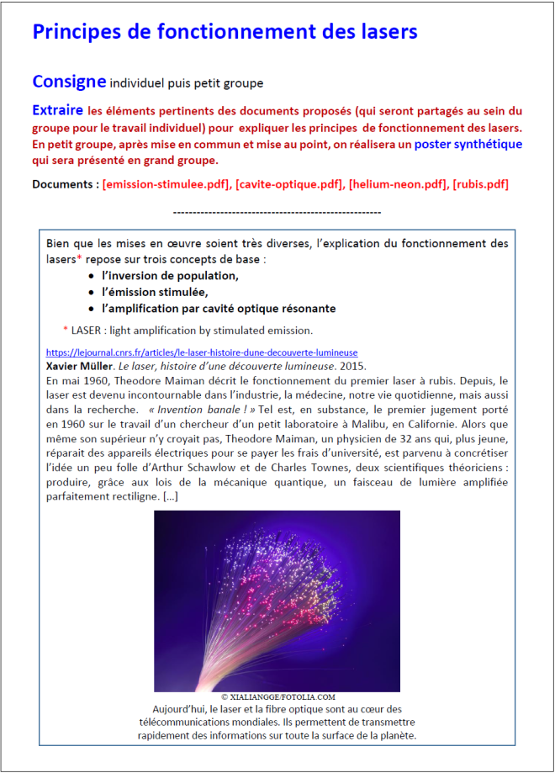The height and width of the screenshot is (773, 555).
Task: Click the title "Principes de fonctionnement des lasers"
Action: click(x=225, y=33)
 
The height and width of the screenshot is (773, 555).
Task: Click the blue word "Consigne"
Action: click(x=69, y=82)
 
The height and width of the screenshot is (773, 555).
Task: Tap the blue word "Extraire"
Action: click(x=57, y=110)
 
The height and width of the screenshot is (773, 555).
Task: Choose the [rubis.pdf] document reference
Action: click(x=480, y=184)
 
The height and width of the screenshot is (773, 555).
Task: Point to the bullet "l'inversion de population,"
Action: click(x=170, y=276)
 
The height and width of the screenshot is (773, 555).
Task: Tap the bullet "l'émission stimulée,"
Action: click(x=154, y=292)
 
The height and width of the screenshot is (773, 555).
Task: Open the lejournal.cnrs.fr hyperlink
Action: click(x=202, y=353)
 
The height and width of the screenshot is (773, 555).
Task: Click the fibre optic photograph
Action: click(x=277, y=600)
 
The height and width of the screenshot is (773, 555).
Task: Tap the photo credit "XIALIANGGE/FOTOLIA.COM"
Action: click(x=277, y=697)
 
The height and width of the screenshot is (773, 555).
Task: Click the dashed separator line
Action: click(x=277, y=213)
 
